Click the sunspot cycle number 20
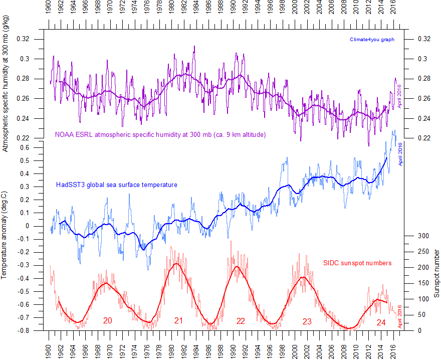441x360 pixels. point(107,320)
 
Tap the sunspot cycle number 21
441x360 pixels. point(178,320)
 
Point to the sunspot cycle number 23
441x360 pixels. point(307,321)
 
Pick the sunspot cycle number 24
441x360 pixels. point(381,322)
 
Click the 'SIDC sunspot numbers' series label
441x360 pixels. point(357,263)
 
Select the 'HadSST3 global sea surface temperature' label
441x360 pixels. point(116,185)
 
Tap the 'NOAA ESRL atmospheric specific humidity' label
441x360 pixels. point(160,134)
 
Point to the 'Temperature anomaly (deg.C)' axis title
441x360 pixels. point(5,235)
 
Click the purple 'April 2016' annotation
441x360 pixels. point(400,97)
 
